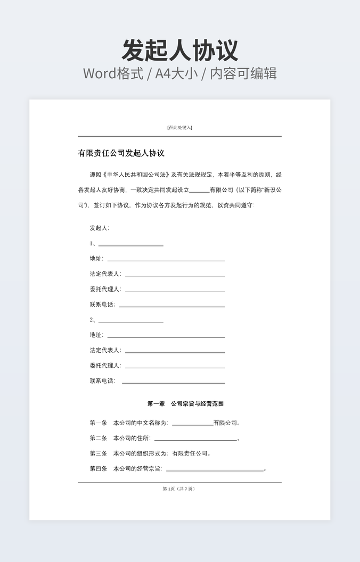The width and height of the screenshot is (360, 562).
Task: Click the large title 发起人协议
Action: tap(180, 50)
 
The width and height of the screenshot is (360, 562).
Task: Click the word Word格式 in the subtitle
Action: tap(113, 73)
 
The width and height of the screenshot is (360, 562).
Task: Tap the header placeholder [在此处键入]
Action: tap(179, 127)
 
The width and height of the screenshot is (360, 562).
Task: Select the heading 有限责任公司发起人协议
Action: tap(121, 153)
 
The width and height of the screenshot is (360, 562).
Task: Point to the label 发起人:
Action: tap(100, 228)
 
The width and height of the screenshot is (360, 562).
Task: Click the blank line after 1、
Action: tap(130, 245)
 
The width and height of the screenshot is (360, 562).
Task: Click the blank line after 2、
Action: tap(130, 321)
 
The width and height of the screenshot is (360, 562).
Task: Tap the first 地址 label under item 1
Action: tap(96, 259)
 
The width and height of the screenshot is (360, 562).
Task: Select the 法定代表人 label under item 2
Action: tap(105, 350)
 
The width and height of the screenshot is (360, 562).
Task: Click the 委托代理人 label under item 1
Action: tap(105, 289)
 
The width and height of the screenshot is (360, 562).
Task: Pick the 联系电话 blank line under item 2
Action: tap(173, 382)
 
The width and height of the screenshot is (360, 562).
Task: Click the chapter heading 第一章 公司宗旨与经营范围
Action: tap(185, 404)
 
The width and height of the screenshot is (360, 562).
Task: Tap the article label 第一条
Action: tap(99, 423)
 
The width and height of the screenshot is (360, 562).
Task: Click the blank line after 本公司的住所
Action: tap(195, 440)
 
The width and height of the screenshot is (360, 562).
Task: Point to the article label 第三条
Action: tap(99, 453)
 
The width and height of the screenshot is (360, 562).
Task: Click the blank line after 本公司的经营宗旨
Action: tap(215, 470)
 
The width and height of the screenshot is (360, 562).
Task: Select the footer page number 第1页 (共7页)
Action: tap(179, 489)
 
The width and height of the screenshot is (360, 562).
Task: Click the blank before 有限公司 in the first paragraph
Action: tap(199, 191)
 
